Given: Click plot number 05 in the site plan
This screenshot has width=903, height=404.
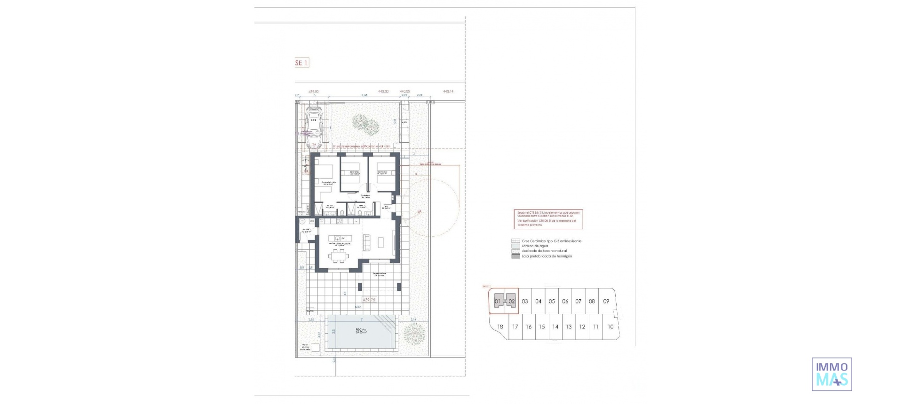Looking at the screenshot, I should click(x=552, y=302).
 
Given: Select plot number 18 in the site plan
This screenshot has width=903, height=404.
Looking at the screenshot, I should click(x=500, y=327).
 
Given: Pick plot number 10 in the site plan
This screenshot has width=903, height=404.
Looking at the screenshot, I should click(x=610, y=327).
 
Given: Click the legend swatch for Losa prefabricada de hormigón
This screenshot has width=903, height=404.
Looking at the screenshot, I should click(x=515, y=256).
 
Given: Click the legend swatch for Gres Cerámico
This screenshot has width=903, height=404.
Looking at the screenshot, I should click(x=515, y=241).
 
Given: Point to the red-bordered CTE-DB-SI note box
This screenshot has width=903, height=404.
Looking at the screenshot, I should click(x=548, y=219).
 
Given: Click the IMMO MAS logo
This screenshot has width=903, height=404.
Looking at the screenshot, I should click(x=832, y=374).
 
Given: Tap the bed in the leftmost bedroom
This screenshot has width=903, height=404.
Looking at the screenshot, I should click(x=324, y=170).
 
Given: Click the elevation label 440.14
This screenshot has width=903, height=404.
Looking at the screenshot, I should click(x=448, y=92).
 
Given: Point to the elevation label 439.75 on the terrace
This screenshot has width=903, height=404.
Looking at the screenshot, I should click(x=369, y=300).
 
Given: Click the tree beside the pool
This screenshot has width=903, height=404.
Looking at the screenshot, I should click(x=414, y=333).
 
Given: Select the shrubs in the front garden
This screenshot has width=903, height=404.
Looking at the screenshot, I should click(x=366, y=124).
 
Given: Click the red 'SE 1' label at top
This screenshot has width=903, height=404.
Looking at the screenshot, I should click(x=301, y=62).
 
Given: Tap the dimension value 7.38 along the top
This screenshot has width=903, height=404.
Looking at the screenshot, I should click(x=364, y=95).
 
